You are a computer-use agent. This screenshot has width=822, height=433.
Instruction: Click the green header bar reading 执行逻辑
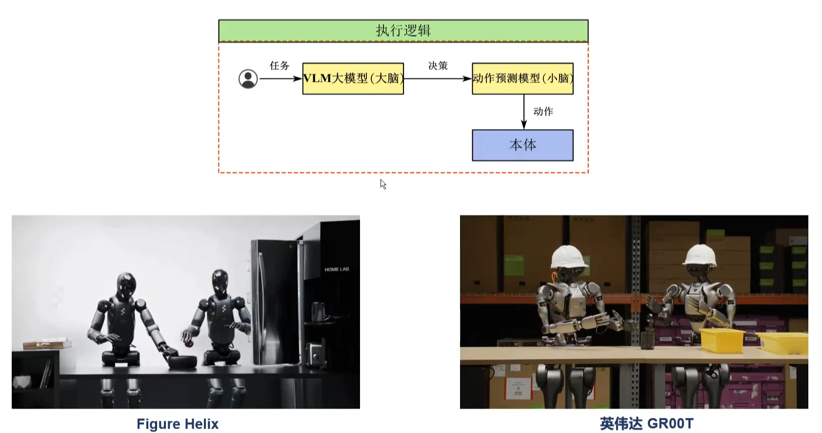[x=403, y=31]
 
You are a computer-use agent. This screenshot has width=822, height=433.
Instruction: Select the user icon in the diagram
[x=248, y=79]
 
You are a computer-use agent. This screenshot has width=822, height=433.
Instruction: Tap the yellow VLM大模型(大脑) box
[x=353, y=79]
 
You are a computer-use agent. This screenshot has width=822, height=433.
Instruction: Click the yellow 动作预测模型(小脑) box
[x=522, y=79]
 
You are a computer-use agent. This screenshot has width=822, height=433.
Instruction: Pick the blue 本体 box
[x=522, y=145]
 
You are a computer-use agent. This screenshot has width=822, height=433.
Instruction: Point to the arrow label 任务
[x=280, y=65]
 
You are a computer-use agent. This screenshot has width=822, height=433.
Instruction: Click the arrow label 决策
[x=438, y=65]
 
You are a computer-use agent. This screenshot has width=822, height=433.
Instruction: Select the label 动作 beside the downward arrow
[x=543, y=112]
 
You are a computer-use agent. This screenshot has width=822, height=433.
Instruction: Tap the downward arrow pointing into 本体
[x=524, y=112]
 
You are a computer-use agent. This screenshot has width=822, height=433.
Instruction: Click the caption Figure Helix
[x=178, y=424]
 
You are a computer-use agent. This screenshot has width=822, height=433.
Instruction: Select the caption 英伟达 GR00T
[x=646, y=424]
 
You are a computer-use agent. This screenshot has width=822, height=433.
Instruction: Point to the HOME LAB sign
[x=337, y=269]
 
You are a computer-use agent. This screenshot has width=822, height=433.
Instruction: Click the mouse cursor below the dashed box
[x=383, y=184]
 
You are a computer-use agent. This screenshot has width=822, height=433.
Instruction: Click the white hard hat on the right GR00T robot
[x=700, y=255]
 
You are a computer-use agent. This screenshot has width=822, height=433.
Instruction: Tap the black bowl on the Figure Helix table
[x=182, y=361]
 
